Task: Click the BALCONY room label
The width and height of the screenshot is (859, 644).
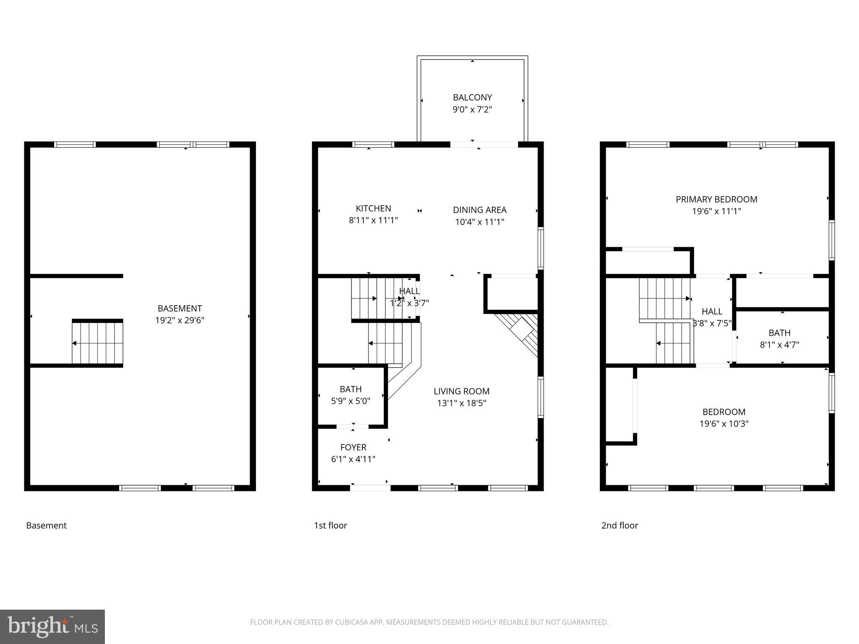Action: point(472,98)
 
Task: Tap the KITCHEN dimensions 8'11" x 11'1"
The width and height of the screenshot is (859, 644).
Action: point(373,220)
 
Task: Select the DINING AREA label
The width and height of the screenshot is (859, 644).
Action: point(479,210)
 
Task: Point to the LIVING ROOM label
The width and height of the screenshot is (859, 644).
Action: point(461,391)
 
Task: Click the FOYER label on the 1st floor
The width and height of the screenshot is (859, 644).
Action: point(353,447)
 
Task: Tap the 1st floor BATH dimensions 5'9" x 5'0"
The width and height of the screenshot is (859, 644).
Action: point(351,401)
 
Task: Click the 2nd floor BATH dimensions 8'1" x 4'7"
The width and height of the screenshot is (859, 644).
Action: point(779,345)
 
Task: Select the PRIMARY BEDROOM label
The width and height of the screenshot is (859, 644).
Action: point(716,200)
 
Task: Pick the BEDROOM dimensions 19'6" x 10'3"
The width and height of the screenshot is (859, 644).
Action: point(724,423)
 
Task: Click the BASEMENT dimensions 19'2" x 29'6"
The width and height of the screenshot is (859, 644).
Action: point(180,320)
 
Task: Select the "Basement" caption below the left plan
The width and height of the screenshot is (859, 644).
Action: point(46,525)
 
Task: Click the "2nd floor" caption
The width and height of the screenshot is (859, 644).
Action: point(620,525)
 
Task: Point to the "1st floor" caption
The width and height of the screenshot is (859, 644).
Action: point(331,525)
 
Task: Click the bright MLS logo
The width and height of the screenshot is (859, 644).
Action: point(52,626)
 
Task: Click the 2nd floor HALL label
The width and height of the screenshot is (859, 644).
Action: point(712,312)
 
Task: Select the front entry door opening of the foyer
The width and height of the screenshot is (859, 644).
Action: point(370,488)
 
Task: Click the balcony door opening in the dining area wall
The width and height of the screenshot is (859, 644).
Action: point(484,145)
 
